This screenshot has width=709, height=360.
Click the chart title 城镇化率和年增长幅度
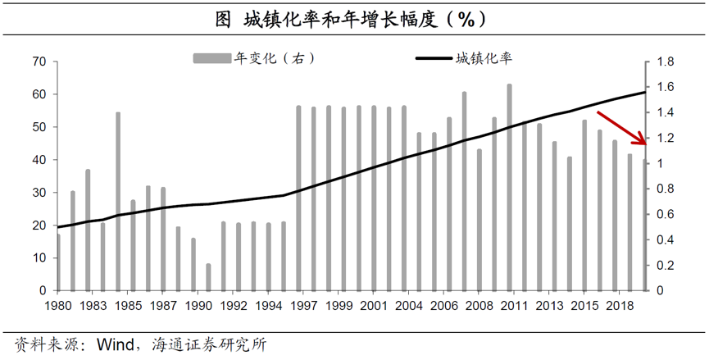pyautogui.click(x=354, y=17)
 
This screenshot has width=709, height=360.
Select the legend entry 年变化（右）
pyautogui.click(x=255, y=58)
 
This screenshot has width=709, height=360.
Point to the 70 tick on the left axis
pyautogui.click(x=39, y=62)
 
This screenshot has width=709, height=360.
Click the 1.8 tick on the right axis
pyautogui.click(x=665, y=62)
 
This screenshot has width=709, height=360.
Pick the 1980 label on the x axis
pyautogui.click(x=58, y=306)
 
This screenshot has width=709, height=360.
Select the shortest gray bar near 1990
pyautogui.click(x=208, y=277)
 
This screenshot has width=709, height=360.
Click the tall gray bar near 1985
pyautogui.click(x=118, y=201)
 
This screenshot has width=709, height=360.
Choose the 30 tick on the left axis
pyautogui.click(x=39, y=193)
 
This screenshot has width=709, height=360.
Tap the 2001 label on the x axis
pyautogui.click(x=374, y=306)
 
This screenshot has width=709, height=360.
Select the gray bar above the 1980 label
pyautogui.click(x=58, y=262)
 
